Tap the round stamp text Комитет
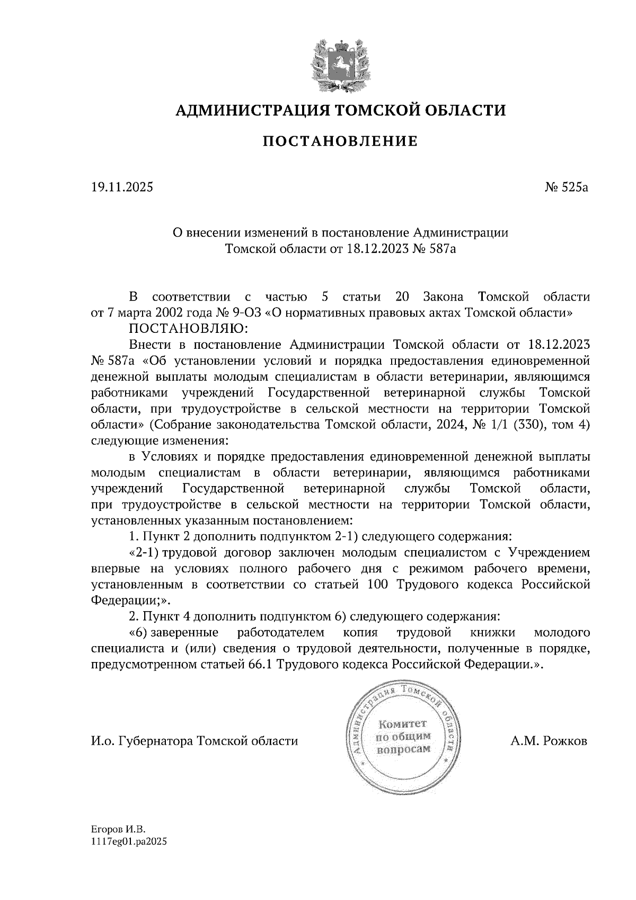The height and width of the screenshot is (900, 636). click(402, 725)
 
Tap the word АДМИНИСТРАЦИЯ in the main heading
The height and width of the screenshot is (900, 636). click(248, 110)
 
